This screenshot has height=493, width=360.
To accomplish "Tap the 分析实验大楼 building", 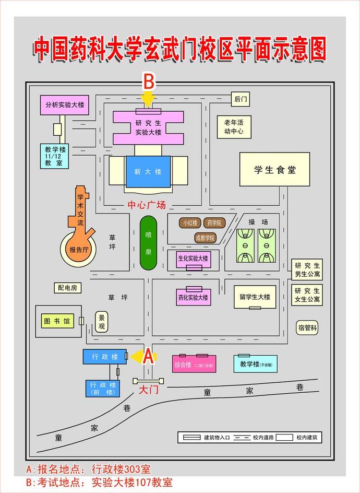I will [65, 105].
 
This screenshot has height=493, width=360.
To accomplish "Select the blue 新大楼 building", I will [148, 171].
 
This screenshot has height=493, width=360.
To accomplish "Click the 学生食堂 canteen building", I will [274, 169].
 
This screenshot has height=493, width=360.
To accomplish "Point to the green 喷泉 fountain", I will [148, 243].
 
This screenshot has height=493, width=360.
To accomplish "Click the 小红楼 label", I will [190, 223].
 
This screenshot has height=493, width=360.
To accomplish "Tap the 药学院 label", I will [214, 223].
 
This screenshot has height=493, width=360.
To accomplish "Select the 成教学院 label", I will [205, 238].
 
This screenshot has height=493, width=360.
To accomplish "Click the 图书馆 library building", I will [57, 320].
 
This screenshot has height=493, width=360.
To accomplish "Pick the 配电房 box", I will [67, 287].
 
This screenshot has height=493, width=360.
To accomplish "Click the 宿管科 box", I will [307, 328].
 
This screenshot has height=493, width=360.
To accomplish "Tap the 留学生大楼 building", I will [255, 297].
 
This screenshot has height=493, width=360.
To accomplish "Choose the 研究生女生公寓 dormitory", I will [307, 295].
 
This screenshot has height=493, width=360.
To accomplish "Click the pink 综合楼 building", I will [193, 364].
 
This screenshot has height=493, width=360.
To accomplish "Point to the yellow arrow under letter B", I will [149, 98].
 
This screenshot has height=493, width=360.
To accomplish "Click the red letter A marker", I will [148, 356].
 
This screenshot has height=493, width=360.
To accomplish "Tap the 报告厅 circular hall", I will [79, 250].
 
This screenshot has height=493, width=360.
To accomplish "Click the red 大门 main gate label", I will [148, 390].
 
